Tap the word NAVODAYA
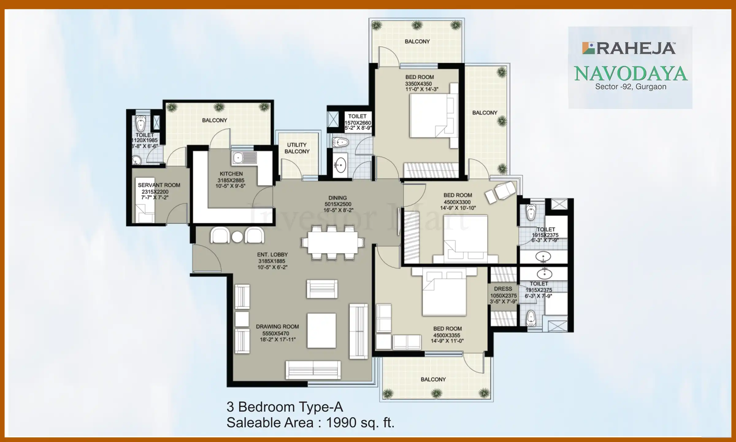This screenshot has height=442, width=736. pos(631,74)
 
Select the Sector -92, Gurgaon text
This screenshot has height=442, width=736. pos(631,87)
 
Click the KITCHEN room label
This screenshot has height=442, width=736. pos(231,174)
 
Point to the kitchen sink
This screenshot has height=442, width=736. pos(244,158)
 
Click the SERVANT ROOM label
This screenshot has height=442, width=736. pos(159,185)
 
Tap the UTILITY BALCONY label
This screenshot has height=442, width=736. pos(297,148)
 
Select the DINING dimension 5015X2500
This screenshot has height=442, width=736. pos(338,204)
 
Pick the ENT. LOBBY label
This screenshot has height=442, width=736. pos(272,254)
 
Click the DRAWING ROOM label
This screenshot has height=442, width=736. pos(277,327)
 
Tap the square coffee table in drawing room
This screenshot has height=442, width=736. pos(321,330)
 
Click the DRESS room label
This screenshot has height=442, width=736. pos(503,289)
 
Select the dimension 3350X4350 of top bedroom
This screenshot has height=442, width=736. pos(418,83)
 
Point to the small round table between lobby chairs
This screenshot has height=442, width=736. pos(237,237)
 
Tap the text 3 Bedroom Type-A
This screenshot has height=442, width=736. pos(285,407)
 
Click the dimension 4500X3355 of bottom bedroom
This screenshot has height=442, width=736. pos(447,335)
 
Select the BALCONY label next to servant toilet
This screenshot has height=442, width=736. pos(214,120)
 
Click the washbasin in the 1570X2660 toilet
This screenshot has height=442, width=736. pos(340,166)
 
